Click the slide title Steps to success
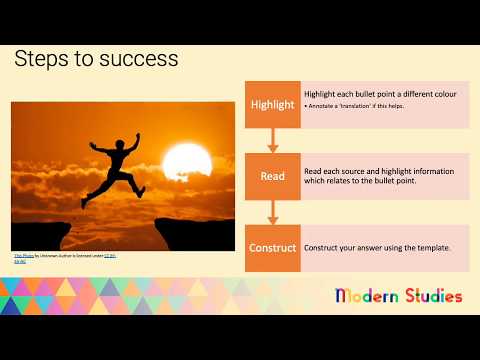[96, 59]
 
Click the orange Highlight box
[273, 104]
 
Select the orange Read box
[273, 176]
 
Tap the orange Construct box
[273, 247]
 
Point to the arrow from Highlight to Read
[273, 140]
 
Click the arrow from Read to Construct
[273, 212]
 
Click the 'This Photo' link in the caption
[22, 254]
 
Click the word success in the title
[140, 59]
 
